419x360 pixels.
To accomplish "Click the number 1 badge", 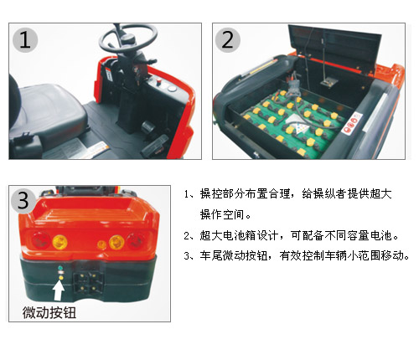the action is coord(25,40).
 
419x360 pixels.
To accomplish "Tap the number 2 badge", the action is coord(228,40).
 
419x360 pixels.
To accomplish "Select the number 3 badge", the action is coord(23,200).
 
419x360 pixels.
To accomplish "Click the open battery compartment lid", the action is coord(334,50).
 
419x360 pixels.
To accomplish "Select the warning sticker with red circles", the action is coord(352,123).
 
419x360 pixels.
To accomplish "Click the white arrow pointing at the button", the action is coord(59,291).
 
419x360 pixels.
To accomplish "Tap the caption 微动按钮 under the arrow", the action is coord(49,312).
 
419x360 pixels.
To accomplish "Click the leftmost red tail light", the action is coord(40,240).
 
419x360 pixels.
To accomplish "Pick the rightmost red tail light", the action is coord(137,240).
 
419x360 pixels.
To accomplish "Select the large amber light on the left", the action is coord(59,242).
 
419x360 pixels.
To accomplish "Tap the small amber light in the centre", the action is coord(101,244).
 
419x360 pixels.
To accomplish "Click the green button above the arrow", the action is coord(60,268).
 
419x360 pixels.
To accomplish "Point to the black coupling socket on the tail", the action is coord(87,281).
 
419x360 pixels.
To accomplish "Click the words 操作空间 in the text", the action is coord(221,214).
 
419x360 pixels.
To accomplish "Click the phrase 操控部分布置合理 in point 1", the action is coord(246,194).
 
